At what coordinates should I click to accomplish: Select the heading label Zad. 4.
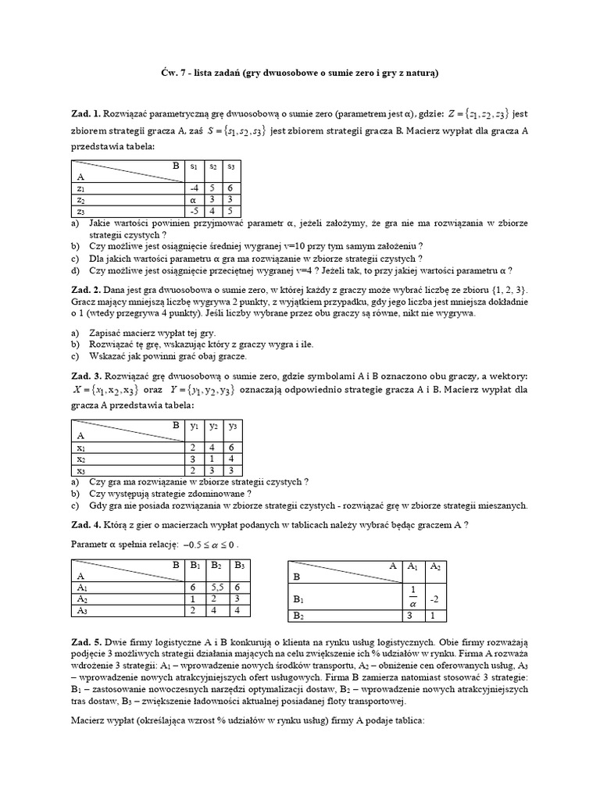pyautogui.click(x=85, y=524)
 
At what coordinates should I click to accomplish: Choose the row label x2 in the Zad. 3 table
pyautogui.click(x=81, y=459)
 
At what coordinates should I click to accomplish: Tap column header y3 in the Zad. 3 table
pyautogui.click(x=232, y=427)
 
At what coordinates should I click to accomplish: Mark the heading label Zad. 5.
pyautogui.click(x=85, y=641)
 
